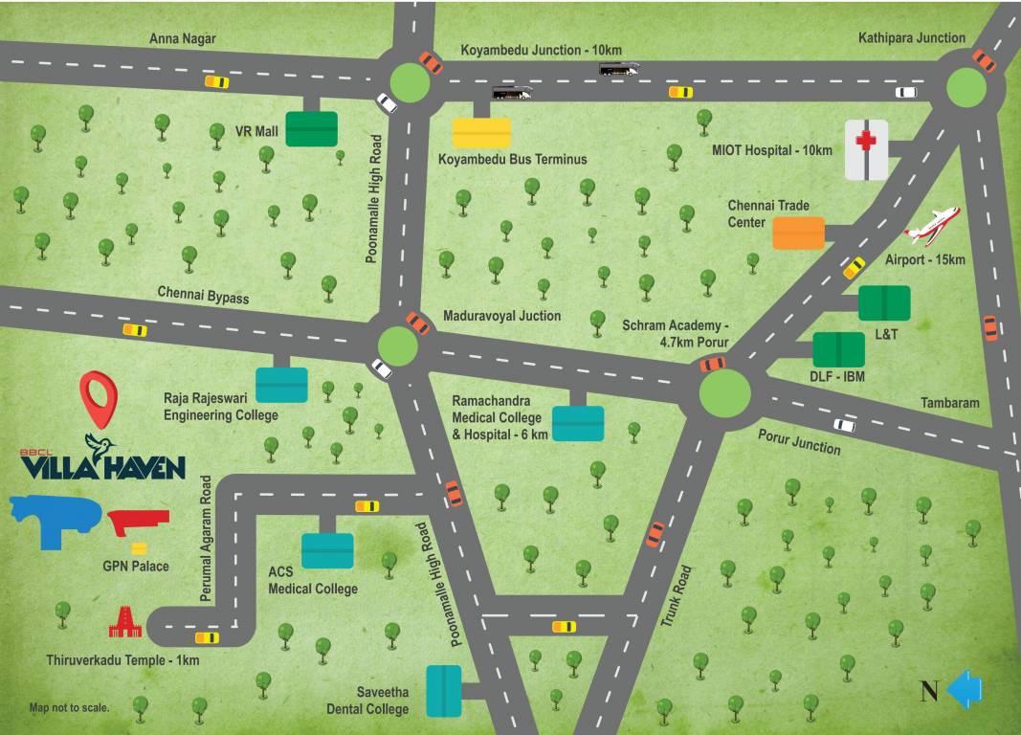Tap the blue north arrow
point(964,689)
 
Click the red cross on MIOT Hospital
point(866,143)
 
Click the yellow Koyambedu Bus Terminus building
point(481,132)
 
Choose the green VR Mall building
point(312,128)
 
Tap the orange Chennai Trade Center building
point(798,233)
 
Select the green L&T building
point(884,302)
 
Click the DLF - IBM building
point(838,349)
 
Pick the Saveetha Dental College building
point(444,690)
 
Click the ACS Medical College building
point(327,550)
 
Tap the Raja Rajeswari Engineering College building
point(281,384)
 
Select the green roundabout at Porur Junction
point(724,392)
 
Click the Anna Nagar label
point(183,38)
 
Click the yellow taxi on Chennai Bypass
point(135,330)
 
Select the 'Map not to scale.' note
point(69,708)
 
